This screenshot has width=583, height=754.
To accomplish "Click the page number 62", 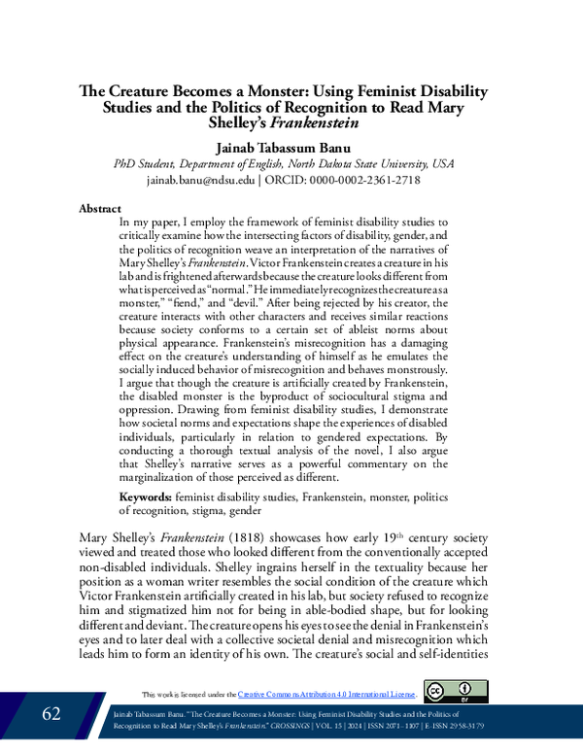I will [x=51, y=714].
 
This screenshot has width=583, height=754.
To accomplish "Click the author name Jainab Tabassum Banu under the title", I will [x=291, y=145].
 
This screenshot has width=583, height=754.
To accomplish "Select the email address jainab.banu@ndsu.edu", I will [x=201, y=180].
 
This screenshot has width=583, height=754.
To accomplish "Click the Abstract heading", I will [x=99, y=209].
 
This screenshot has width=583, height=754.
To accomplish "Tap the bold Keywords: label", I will [x=145, y=497].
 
